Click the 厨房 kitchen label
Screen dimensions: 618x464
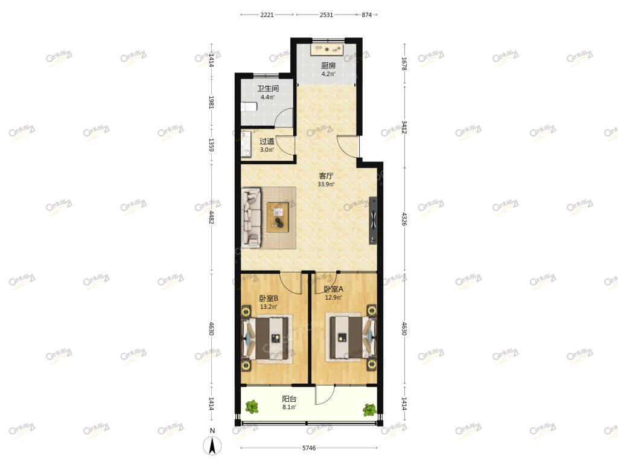(x=328, y=65)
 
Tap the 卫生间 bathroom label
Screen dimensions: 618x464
(x=267, y=88)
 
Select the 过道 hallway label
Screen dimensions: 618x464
(x=267, y=141)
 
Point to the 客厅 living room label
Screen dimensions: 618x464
(x=326, y=176)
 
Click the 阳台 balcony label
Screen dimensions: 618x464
(x=289, y=399)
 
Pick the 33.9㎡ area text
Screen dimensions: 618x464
(x=326, y=184)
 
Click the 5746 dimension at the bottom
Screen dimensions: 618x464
(x=309, y=448)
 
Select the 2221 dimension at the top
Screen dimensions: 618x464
(x=267, y=14)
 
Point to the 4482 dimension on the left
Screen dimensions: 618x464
(x=211, y=217)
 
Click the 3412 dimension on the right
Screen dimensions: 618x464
(x=404, y=127)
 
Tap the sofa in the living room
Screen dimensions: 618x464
(x=252, y=217)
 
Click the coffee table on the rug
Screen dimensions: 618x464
(x=278, y=217)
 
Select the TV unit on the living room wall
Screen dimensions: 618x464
(x=373, y=221)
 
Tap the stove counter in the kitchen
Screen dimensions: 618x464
(x=328, y=50)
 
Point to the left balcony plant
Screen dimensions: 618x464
(x=252, y=407)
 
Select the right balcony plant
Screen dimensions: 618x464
(x=370, y=410)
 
